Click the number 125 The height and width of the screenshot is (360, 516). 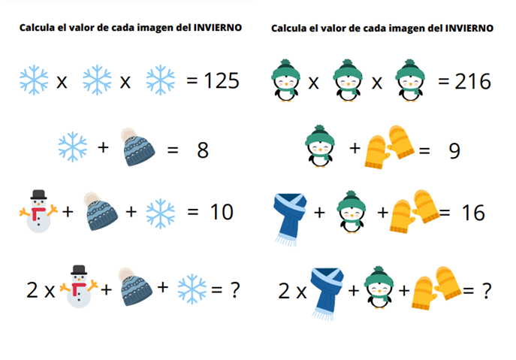coord(222,80)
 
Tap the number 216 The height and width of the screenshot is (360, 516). coord(473,81)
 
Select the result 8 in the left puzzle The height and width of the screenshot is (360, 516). coord(203,150)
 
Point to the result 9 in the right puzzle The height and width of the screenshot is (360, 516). coord(454,151)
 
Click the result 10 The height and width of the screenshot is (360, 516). coord(222,212)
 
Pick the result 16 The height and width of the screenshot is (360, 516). coord(473,213)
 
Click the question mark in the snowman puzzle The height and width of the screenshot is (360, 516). coord(234,290)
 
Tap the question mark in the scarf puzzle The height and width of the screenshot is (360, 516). coord(487,291)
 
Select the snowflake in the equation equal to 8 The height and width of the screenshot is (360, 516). coord(73,147)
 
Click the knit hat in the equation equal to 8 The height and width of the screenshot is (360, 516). coord(137,147)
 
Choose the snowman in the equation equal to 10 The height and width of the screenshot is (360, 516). coord(38,211)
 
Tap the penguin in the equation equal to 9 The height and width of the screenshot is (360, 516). coord(319,146)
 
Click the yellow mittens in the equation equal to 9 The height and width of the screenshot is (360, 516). coord(390,147)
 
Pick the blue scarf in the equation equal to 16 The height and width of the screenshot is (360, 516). coord(290,219)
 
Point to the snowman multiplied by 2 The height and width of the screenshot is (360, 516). coord(79,286)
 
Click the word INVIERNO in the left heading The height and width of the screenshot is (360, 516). coord(218,28)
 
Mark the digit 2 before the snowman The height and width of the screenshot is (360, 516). coord(32,290)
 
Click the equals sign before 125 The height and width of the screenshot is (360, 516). coord(192,80)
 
